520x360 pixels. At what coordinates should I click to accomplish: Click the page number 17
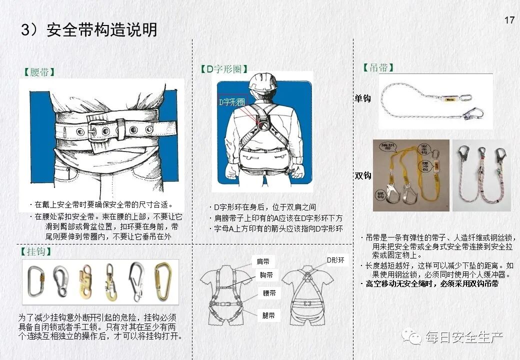pos(509,20)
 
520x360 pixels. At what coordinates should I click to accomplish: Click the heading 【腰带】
pos(39,72)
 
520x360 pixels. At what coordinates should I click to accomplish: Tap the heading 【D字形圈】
pos(224,69)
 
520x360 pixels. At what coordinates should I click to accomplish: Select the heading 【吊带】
pos(378,67)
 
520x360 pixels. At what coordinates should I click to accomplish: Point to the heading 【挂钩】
pos(36,251)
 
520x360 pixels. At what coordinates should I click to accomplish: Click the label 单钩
pos(362,98)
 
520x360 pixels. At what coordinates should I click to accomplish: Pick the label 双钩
pos(363,175)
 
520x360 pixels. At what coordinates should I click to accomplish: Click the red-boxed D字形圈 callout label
pos(231,102)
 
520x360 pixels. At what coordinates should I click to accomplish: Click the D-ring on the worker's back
pos(264,125)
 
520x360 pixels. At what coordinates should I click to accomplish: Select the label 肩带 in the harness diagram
pos(263,261)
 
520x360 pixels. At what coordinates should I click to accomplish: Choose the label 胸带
pos(266,275)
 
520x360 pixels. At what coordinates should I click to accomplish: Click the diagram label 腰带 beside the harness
pos(269,293)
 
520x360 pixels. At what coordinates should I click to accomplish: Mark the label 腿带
pos(268,315)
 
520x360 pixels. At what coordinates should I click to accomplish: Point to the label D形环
pos(335,260)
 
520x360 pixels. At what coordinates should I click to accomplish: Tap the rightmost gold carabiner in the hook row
pos(162,281)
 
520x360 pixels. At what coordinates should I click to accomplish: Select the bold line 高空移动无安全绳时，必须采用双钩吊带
pos(432,284)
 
